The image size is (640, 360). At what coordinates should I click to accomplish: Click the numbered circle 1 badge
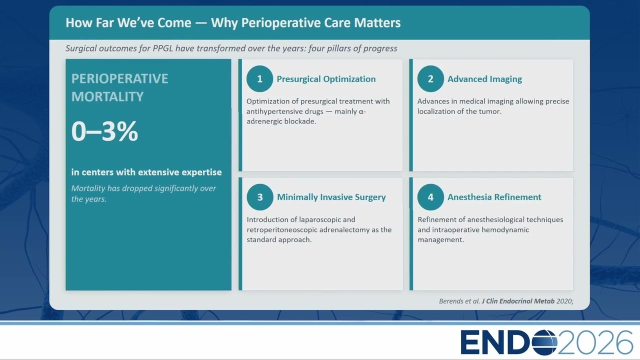point(259,79)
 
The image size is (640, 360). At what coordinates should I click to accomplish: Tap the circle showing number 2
point(430,79)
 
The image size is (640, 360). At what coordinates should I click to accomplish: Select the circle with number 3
point(260,197)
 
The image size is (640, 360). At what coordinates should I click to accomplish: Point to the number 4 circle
point(430,197)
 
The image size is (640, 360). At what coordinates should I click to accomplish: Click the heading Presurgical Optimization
point(326,79)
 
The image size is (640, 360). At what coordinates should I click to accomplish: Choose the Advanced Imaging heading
point(484,79)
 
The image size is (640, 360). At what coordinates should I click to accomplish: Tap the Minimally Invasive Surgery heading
point(331,197)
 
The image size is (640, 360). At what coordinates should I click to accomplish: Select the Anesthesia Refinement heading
point(494,197)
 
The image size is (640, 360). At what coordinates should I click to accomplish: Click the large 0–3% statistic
point(104,131)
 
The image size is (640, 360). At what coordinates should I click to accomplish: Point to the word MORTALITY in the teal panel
point(107,96)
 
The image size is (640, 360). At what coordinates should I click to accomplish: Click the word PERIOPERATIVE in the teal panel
point(119,79)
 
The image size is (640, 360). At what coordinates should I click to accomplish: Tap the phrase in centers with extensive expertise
point(146,172)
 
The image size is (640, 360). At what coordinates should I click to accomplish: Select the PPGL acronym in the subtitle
point(163,48)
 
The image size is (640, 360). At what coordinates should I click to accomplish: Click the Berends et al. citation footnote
point(506,301)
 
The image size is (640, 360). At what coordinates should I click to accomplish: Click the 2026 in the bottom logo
point(595,342)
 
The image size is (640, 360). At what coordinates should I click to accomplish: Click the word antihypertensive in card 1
point(285,111)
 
